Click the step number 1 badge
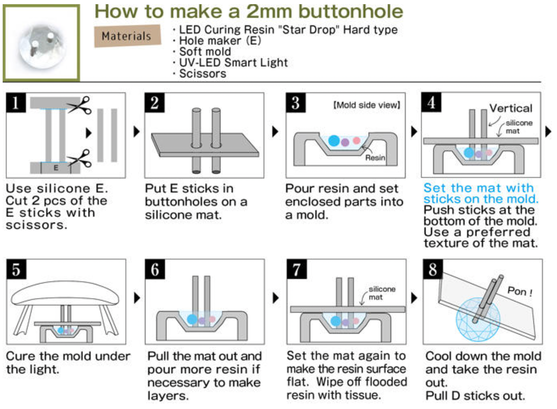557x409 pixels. pyautogui.click(x=16, y=102)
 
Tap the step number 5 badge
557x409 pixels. pyautogui.click(x=17, y=269)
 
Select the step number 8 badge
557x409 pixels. pyautogui.click(x=433, y=269)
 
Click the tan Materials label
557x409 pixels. pyautogui.click(x=127, y=36)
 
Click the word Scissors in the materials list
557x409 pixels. pyautogui.click(x=203, y=74)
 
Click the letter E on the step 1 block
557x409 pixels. pyautogui.click(x=56, y=168)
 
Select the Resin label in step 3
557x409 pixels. pyautogui.click(x=375, y=157)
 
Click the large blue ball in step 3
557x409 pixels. pyautogui.click(x=334, y=140)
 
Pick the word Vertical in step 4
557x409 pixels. pyautogui.click(x=511, y=108)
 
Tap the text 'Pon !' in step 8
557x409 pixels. pyautogui.click(x=520, y=291)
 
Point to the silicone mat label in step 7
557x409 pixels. pyautogui.click(x=382, y=293)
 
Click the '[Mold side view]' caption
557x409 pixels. pyautogui.click(x=367, y=105)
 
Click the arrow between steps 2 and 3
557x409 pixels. pyautogui.click(x=275, y=131)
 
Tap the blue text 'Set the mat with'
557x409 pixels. pyautogui.click(x=479, y=188)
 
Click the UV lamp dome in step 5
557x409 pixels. pyautogui.click(x=65, y=293)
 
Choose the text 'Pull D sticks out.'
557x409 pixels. pyautogui.click(x=475, y=395)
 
